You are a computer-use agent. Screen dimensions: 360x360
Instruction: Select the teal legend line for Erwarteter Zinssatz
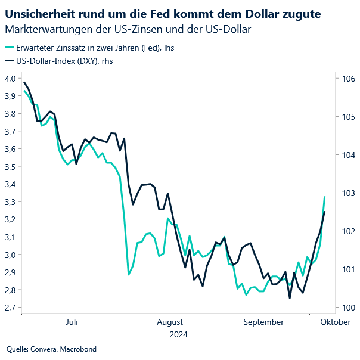(x=11, y=47)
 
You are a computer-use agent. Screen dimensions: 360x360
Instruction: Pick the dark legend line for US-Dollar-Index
(x=11, y=61)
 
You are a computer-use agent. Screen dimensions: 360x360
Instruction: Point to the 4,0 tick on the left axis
(x=10, y=78)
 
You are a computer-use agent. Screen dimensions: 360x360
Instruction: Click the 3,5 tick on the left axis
(x=10, y=166)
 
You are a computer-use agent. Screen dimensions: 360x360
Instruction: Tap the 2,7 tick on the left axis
(x=10, y=308)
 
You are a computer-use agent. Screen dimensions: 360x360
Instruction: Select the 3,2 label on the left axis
(x=10, y=219)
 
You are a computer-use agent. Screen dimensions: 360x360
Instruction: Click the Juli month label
(x=72, y=322)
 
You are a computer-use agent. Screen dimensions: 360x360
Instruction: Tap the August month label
(x=170, y=322)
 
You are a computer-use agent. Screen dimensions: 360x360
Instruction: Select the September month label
(x=263, y=322)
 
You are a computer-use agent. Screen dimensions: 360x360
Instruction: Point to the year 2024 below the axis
(x=178, y=334)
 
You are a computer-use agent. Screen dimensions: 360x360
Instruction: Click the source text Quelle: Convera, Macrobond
(x=51, y=349)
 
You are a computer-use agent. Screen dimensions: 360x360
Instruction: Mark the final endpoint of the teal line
(x=325, y=197)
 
